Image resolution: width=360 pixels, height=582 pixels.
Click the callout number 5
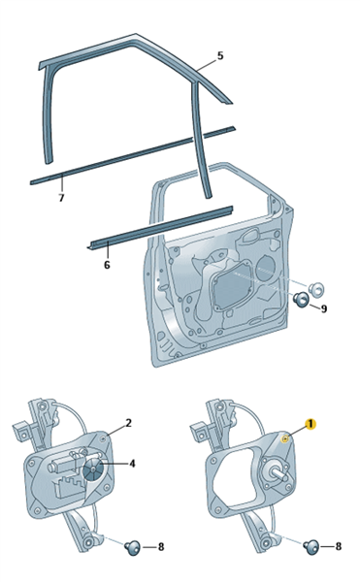point(220,56)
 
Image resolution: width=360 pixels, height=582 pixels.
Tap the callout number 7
point(61,198)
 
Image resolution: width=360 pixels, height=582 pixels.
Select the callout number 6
point(107,265)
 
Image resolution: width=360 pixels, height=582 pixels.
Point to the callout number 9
point(324,308)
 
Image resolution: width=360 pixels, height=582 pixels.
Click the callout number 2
point(128,423)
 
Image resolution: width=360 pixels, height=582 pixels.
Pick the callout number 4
point(132,464)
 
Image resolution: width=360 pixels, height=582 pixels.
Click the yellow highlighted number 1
point(311,424)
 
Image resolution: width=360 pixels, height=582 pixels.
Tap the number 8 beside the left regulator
point(161,547)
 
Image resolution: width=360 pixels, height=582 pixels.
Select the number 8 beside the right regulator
point(338,546)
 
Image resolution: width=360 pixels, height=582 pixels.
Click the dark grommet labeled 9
point(301,299)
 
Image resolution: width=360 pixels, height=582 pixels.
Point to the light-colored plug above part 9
point(315,288)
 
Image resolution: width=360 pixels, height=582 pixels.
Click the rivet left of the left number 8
point(133,547)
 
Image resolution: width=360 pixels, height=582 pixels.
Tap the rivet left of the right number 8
point(311,546)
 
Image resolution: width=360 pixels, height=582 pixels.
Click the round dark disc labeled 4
point(93,469)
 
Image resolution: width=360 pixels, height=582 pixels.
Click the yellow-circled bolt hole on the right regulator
point(285,439)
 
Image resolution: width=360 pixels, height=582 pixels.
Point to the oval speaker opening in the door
point(266,269)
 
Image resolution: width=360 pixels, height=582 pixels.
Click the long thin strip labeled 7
point(133,155)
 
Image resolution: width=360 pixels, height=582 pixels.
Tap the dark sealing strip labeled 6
point(159,227)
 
